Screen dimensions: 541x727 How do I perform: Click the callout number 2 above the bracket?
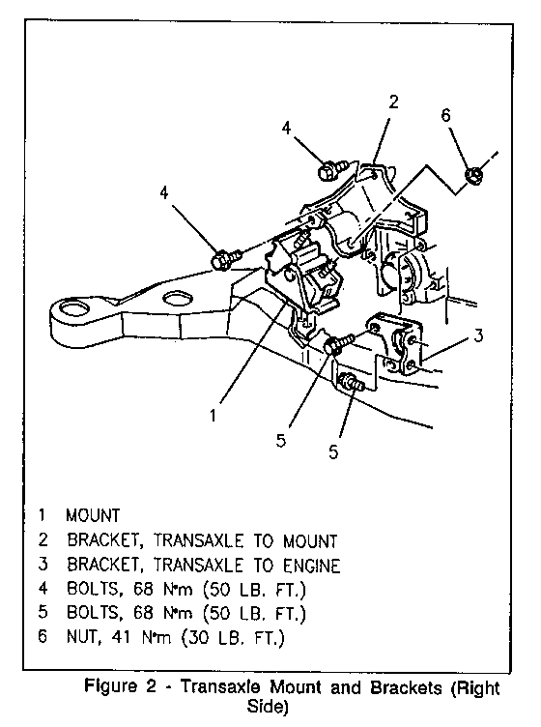click(393, 102)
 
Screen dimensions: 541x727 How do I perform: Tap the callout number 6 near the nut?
click(445, 115)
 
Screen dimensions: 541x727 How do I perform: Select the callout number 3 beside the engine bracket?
click(478, 334)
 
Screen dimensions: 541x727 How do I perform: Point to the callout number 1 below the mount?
click(213, 416)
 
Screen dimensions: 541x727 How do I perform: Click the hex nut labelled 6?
click(473, 175)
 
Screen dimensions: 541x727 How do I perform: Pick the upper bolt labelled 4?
click(332, 169)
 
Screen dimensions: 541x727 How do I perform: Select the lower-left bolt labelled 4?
click(227, 258)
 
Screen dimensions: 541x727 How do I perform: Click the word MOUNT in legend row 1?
click(93, 515)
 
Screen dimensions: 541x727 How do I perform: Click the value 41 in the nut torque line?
click(121, 637)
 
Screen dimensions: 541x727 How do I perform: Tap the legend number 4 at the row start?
click(43, 588)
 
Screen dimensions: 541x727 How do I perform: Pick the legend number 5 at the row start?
click(43, 613)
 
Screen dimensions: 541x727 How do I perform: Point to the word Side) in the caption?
click(268, 707)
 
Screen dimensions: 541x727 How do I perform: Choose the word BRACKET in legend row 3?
click(103, 566)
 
